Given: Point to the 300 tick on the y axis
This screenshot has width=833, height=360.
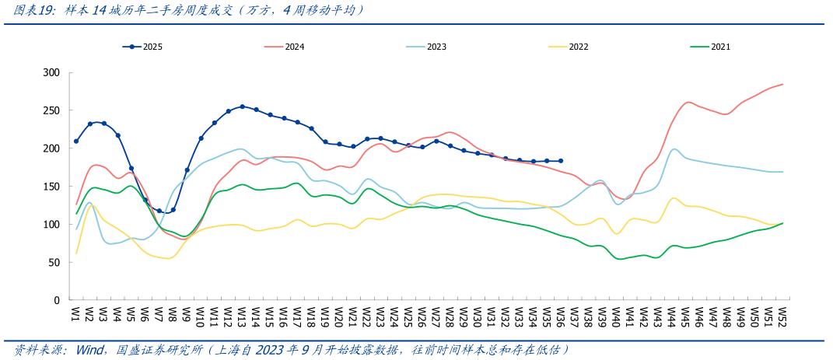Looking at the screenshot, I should tap(51, 72).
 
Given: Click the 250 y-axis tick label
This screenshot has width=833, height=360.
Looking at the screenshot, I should tap(51, 110).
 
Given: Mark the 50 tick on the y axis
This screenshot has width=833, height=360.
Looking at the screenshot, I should tap(54, 262).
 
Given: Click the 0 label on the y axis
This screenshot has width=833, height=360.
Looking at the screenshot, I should tap(57, 300).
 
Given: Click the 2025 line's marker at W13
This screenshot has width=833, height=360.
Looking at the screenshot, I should tap(243, 107).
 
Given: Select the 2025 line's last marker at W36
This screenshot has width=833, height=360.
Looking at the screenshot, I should tap(561, 161).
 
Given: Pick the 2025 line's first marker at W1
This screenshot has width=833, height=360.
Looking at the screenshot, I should tap(76, 142).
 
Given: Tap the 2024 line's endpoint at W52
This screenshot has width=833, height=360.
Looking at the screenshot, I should tap(782, 84).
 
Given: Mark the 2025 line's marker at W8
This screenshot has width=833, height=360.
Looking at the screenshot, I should tap(173, 210).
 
